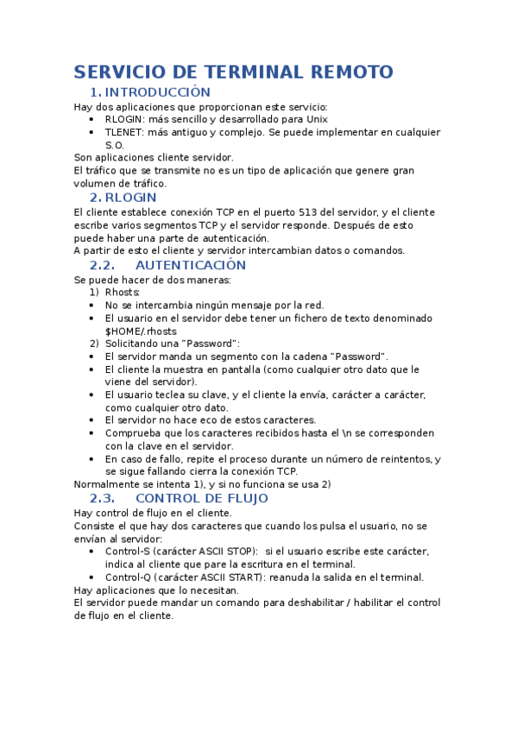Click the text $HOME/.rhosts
pyautogui.click(x=141, y=331)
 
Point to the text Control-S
pyautogui.click(x=127, y=551)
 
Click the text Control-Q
pyautogui.click(x=127, y=577)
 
